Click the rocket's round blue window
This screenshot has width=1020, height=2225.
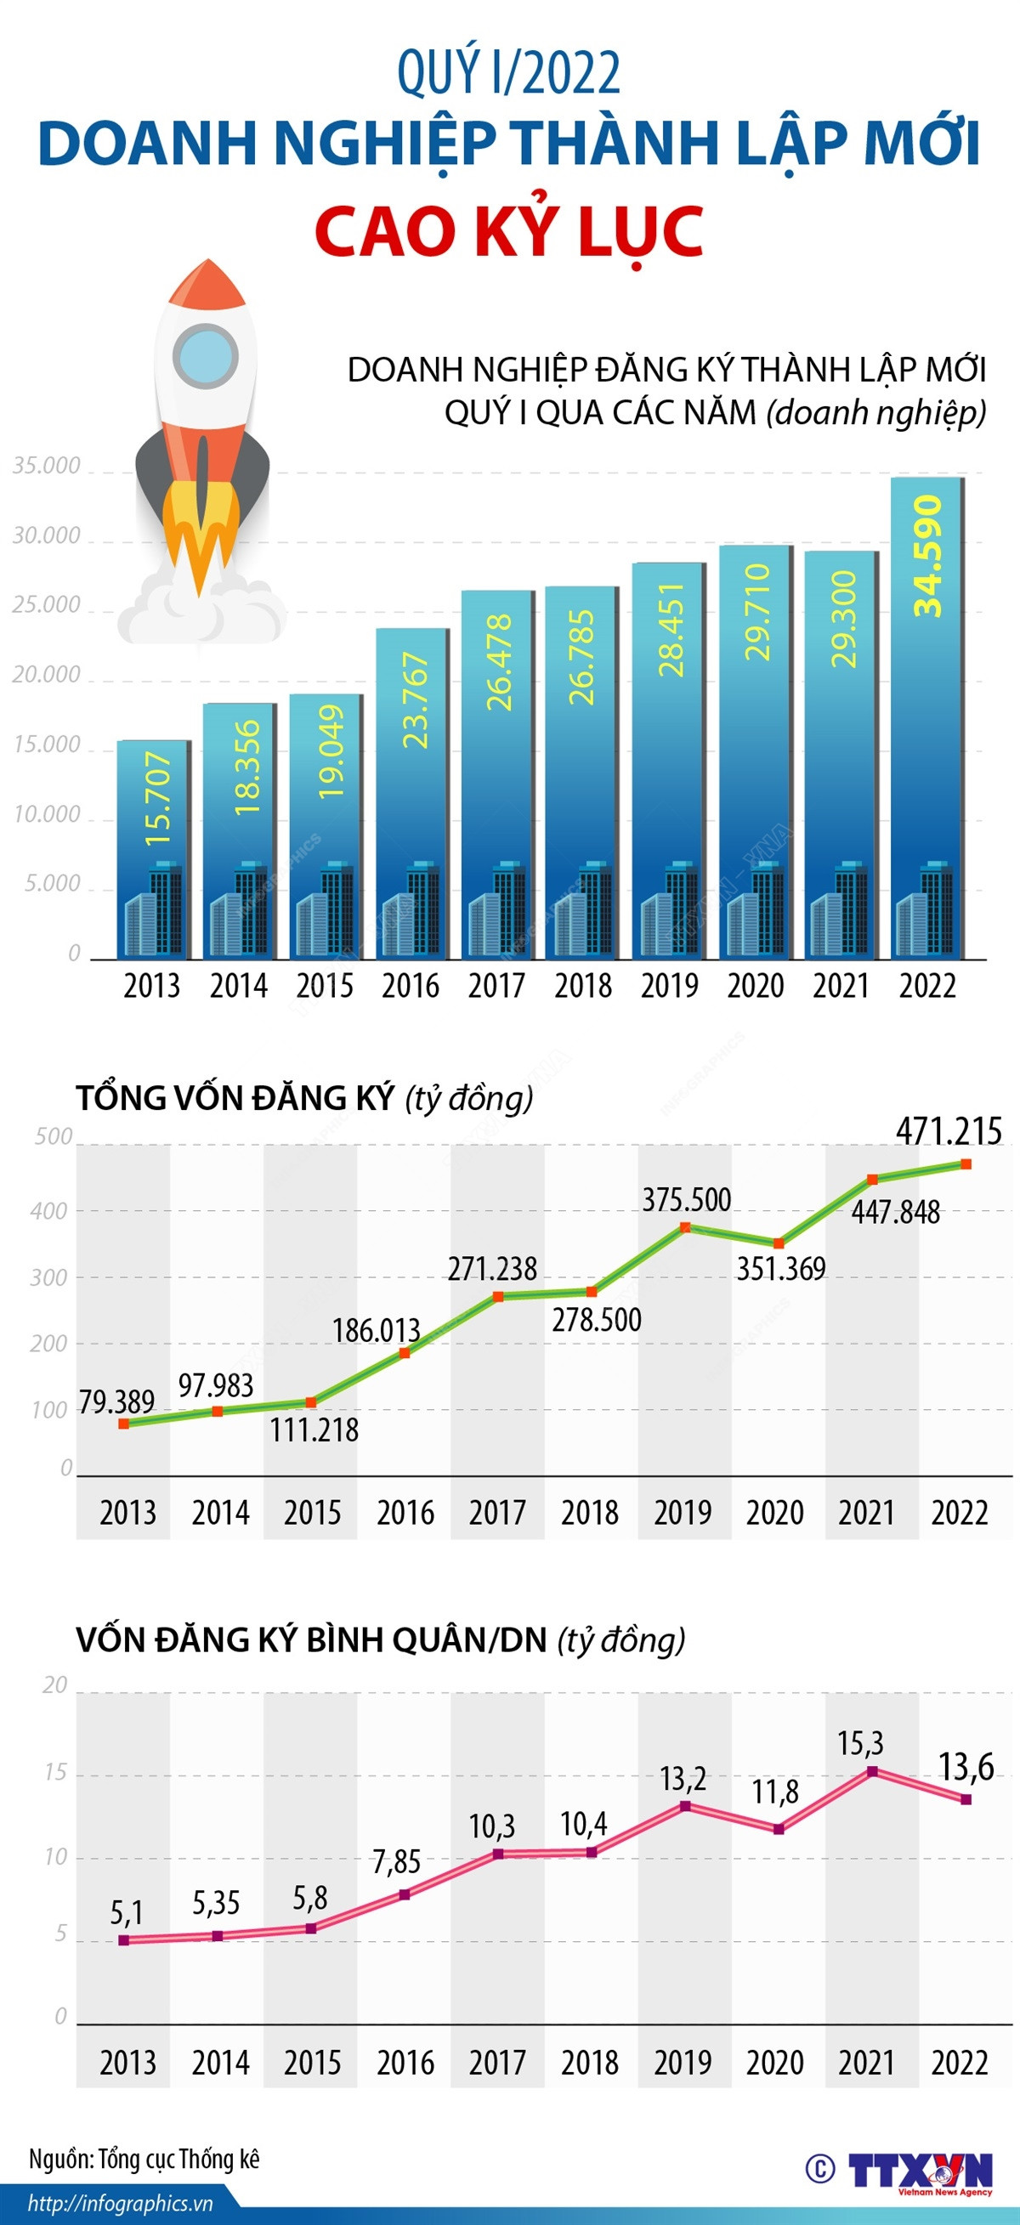coord(205,357)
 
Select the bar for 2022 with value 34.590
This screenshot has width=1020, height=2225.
coord(926,717)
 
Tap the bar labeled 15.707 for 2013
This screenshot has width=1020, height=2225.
coord(154,851)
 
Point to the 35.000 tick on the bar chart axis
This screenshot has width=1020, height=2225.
coord(47,466)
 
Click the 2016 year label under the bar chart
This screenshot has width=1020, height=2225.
coord(411,986)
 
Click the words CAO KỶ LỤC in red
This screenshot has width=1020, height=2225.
coord(509,230)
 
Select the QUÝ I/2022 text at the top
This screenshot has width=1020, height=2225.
coord(508,73)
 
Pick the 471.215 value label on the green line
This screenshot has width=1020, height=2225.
coord(949,1130)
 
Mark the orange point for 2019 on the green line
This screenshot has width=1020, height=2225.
coord(685,1226)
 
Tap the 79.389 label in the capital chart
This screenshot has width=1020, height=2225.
coord(116,1401)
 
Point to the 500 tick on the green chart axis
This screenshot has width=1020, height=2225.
coord(54,1136)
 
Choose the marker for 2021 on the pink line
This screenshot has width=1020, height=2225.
coord(872,1771)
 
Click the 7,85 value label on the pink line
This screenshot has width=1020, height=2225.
coord(396,1862)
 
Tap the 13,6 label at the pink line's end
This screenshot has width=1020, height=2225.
coord(966,1767)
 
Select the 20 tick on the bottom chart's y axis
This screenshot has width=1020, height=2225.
coord(54,1684)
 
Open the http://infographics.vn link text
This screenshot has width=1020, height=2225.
coord(120,2203)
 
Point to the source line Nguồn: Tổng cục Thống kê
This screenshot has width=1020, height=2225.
coord(144,2160)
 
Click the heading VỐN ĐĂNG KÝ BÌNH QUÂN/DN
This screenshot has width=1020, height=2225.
coord(312,1640)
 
